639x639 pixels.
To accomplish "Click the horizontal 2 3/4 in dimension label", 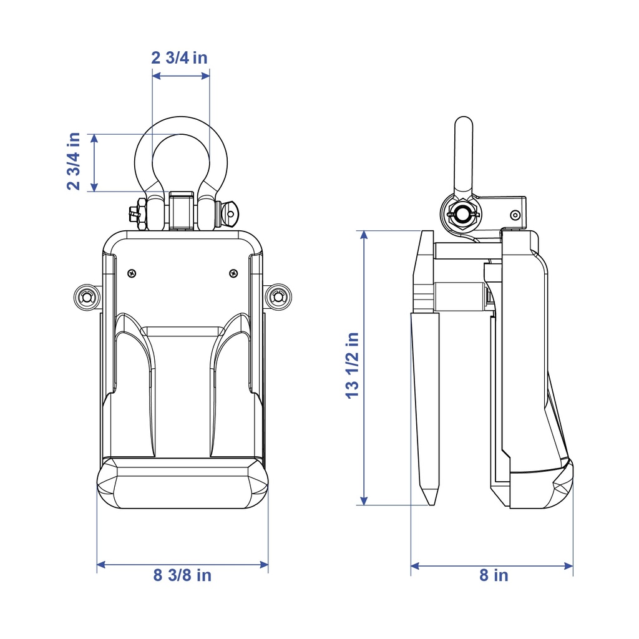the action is (179, 58).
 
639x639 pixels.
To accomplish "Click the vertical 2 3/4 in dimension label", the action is (74, 162).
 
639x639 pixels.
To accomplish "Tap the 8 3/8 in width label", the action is (182, 575).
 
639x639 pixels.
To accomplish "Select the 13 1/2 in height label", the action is (352, 366).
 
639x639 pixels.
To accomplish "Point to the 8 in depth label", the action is (494, 575).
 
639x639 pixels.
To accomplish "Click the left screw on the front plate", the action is (132, 273).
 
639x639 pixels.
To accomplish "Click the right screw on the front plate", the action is (233, 273).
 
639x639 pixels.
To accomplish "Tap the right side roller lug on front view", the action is (278, 296).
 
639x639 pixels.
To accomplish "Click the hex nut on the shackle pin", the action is (142, 214).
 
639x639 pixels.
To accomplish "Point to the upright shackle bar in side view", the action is (464, 155).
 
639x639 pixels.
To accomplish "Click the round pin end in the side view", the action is (463, 213).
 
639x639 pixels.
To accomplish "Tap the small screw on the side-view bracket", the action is (515, 215).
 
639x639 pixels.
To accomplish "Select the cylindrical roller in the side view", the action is (461, 296).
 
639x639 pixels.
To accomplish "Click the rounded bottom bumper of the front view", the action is (183, 483).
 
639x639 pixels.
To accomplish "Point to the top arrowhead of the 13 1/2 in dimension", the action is (364, 235).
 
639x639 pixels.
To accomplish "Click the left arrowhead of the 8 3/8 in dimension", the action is (101, 564).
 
